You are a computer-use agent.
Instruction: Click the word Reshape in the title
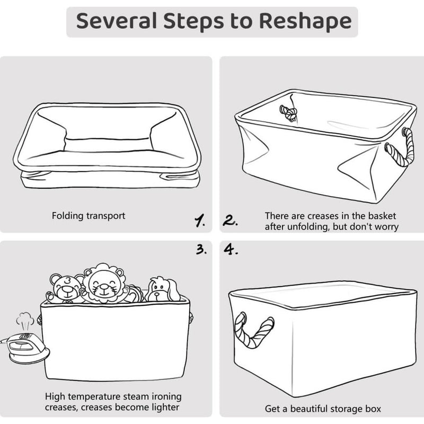point(306,21)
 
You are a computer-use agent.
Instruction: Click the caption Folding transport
point(89,216)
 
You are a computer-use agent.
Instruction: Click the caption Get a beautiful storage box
point(323,409)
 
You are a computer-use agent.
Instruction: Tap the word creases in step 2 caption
point(315,216)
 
